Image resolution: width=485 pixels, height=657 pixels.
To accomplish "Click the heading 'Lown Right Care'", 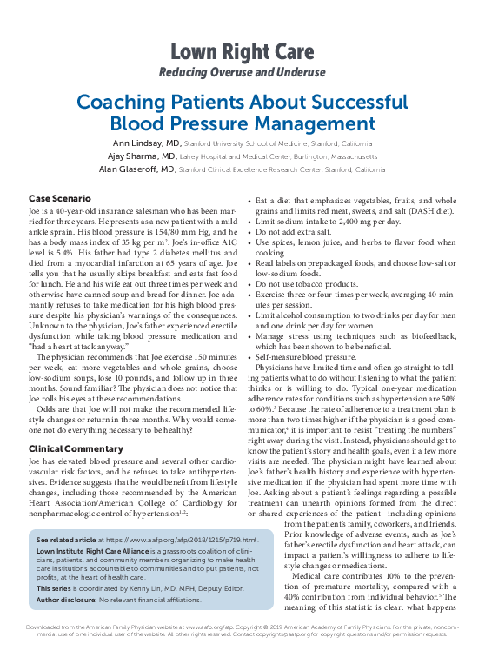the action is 242,50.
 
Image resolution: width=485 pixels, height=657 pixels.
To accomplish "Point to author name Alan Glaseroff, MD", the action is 139,169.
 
